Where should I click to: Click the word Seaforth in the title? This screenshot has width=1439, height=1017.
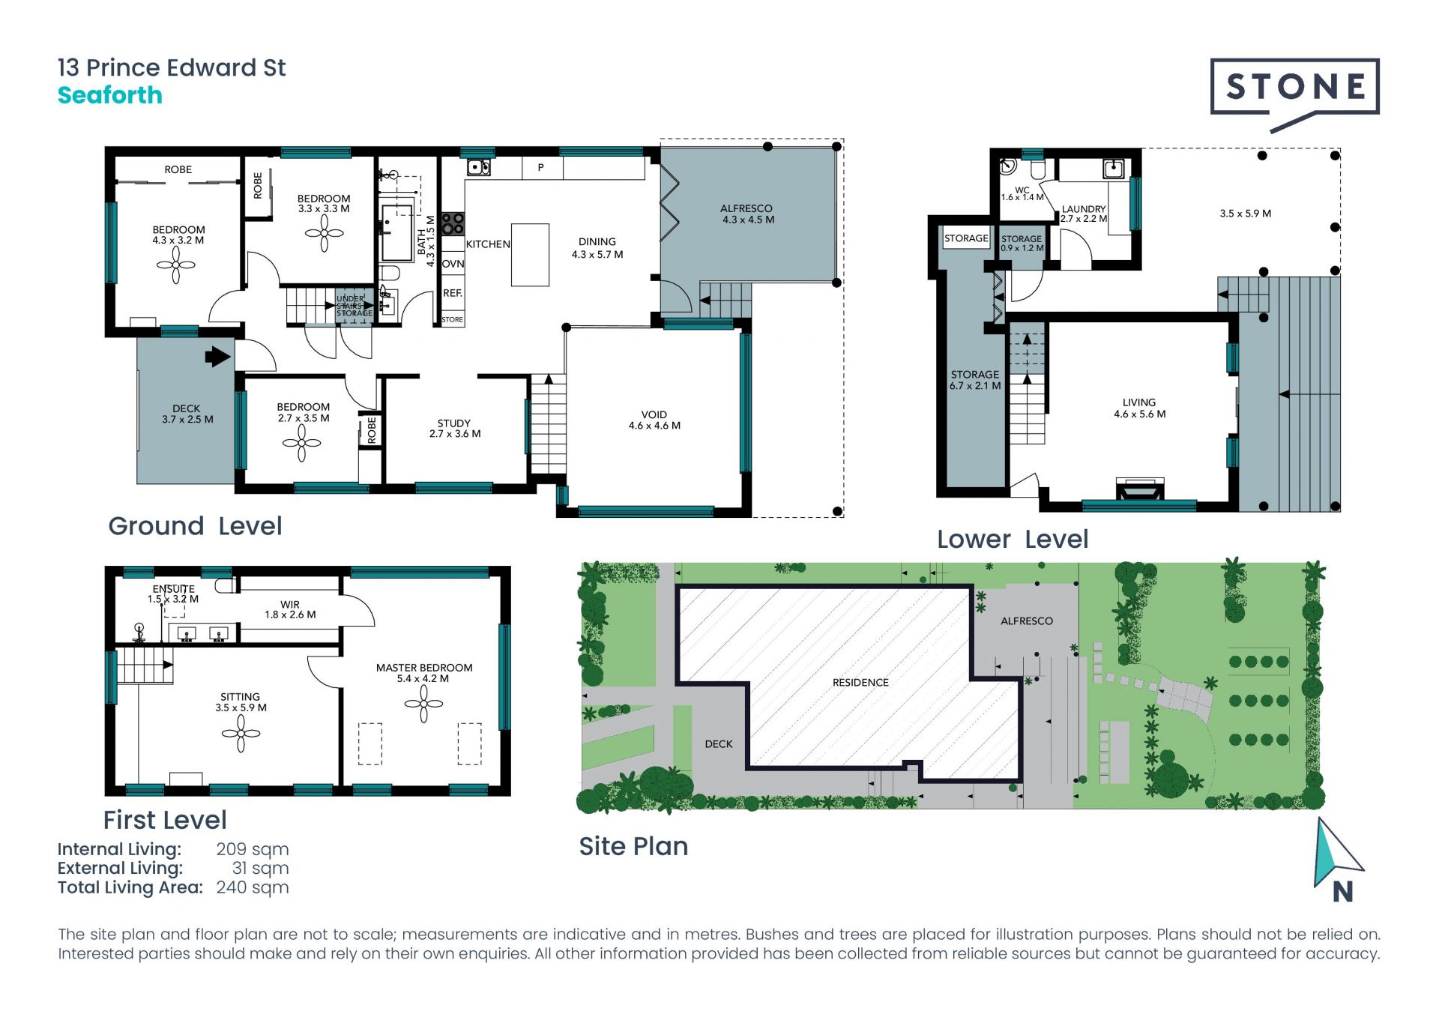click(x=110, y=95)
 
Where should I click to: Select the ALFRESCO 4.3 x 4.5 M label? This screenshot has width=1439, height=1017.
click(x=747, y=214)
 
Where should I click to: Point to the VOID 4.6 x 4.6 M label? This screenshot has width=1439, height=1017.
click(x=654, y=420)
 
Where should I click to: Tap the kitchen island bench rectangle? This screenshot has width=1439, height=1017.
click(x=530, y=255)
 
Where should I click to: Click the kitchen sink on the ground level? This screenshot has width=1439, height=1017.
click(x=479, y=166)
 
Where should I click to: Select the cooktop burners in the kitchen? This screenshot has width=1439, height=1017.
click(x=453, y=223)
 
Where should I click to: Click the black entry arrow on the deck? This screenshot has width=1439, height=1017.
click(x=218, y=356)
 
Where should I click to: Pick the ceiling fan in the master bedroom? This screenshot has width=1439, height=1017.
click(x=423, y=704)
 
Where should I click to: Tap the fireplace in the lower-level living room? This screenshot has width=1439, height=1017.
click(x=1140, y=489)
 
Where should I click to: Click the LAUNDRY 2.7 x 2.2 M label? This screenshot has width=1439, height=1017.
click(x=1084, y=214)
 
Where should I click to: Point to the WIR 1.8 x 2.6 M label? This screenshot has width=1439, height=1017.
click(x=290, y=609)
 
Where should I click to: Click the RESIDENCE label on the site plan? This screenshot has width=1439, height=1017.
click(x=860, y=682)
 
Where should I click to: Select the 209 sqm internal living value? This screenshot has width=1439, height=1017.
click(x=253, y=849)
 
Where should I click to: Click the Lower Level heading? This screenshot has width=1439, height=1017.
click(x=1013, y=539)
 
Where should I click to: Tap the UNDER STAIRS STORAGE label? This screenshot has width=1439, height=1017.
click(x=354, y=306)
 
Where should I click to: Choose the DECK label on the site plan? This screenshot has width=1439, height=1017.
click(x=719, y=744)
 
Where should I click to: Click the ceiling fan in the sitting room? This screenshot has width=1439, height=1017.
click(x=241, y=733)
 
